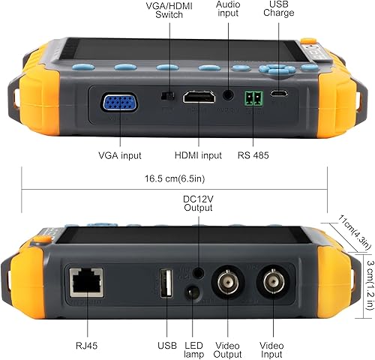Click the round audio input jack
(228, 95)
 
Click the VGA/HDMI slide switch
(170, 96)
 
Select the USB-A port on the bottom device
(166, 283)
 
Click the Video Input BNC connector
(274, 284)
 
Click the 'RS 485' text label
(253, 155)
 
